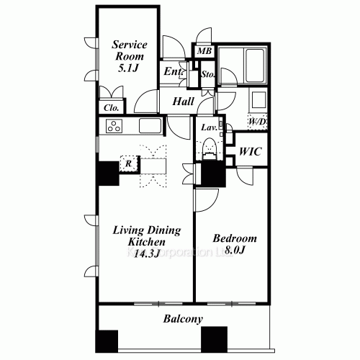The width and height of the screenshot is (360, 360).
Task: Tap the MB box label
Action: [204, 52]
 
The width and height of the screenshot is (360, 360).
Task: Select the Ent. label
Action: [174, 71]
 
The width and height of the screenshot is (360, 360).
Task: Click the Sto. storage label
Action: [208, 73]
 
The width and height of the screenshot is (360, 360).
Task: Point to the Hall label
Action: [183, 102]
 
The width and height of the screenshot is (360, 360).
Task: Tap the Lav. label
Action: [210, 127]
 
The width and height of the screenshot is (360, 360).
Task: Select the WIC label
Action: [250, 152]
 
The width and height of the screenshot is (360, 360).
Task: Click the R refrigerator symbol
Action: [127, 163]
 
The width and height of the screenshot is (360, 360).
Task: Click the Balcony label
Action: [181, 318]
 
